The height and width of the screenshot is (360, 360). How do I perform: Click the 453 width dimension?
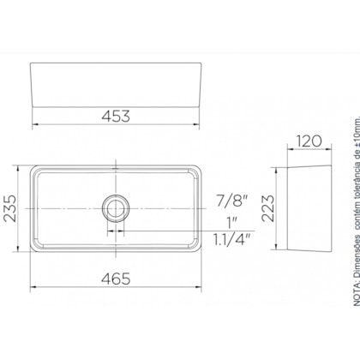117,111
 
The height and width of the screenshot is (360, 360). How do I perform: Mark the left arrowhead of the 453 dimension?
34,126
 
